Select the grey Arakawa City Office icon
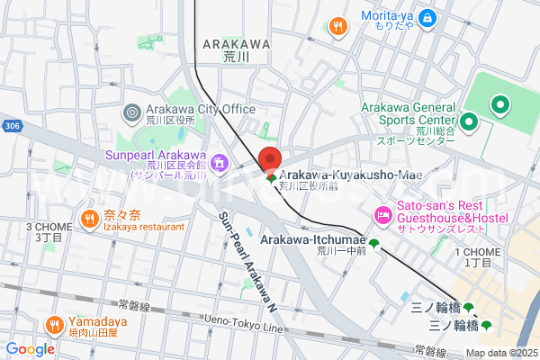(x=131, y=112)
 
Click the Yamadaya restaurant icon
(x=54, y=324)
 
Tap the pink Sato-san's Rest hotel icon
(x=381, y=216)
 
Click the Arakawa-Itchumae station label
(x=313, y=240)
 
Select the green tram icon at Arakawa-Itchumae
(x=373, y=242)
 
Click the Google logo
(x=30, y=349)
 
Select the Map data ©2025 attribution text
(x=500, y=353)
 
